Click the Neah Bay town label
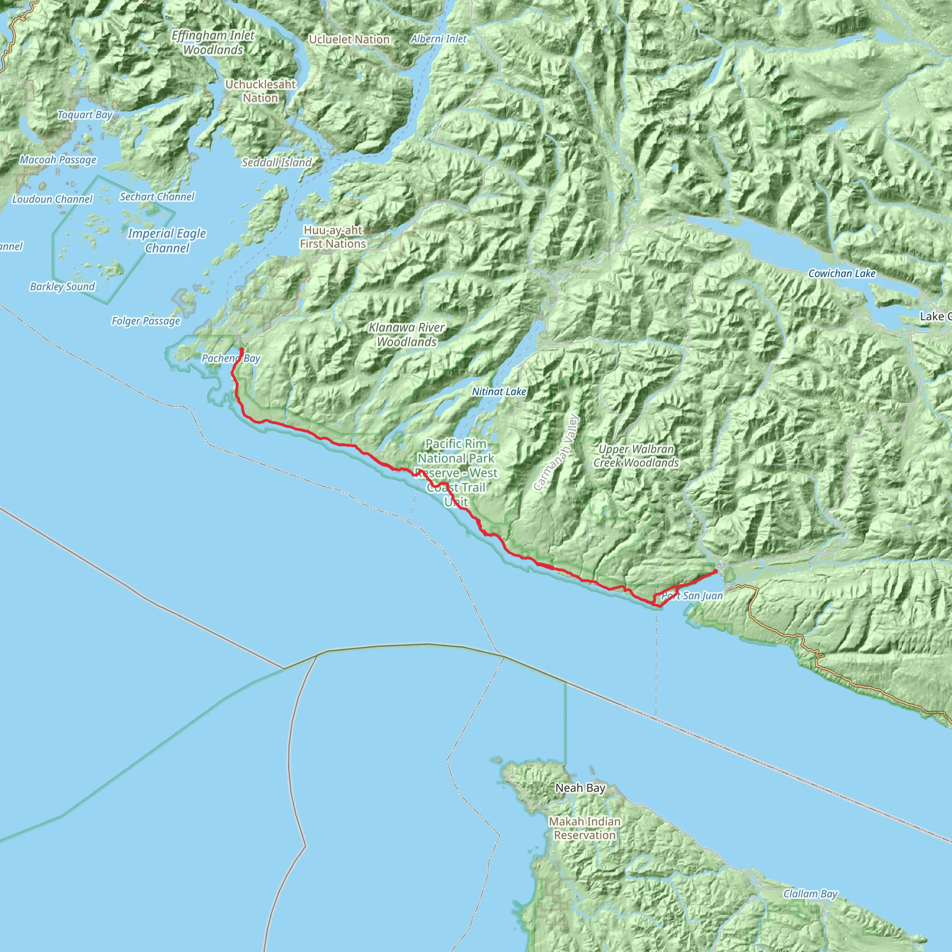click(580, 788)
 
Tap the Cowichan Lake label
click(842, 273)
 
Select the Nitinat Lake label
click(499, 392)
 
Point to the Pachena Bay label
click(231, 358)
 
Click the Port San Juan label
click(692, 596)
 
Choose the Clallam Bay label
click(810, 894)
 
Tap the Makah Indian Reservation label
click(584, 828)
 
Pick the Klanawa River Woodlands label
click(407, 335)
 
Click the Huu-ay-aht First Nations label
click(333, 237)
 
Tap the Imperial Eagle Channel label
click(166, 240)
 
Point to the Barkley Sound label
click(62, 287)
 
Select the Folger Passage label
click(145, 321)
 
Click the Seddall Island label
click(277, 163)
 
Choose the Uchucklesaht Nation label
click(260, 91)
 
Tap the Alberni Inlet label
click(438, 39)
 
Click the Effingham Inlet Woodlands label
click(213, 42)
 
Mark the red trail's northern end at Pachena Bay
click(241, 349)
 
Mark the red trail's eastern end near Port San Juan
click(715, 571)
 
